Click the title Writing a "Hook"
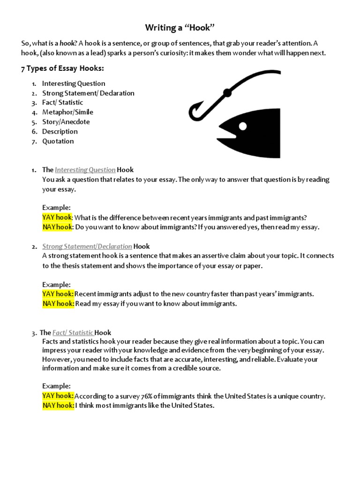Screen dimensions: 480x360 (x=180, y=28)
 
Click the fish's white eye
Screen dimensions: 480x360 (x=243, y=126)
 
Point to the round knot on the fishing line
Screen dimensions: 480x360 (x=227, y=92)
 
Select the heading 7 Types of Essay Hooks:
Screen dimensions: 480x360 (x=62, y=68)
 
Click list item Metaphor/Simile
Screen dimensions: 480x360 (x=67, y=112)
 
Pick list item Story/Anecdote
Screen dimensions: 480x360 (x=66, y=122)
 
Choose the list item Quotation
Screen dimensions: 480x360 (x=58, y=141)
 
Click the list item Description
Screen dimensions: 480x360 (x=60, y=131)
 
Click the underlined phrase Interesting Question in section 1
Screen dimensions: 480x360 (x=85, y=170)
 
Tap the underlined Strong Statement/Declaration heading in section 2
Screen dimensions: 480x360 (x=87, y=246)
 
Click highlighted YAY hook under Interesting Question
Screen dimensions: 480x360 (x=57, y=217)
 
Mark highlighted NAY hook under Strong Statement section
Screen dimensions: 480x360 (x=58, y=304)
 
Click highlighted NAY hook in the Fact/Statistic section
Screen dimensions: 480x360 (x=58, y=405)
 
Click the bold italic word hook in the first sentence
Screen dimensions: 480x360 (x=67, y=43)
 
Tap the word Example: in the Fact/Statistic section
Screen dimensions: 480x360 (x=56, y=386)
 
